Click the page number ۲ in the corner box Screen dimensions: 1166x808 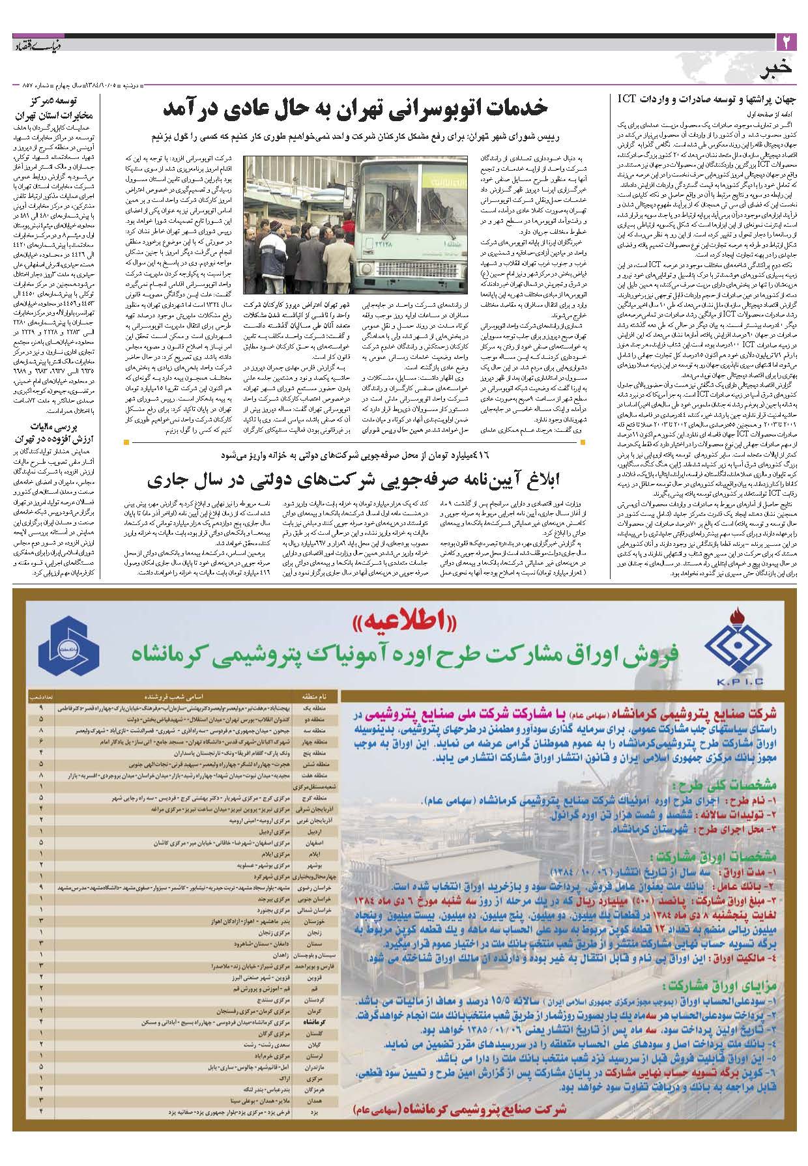[x=785, y=44]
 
